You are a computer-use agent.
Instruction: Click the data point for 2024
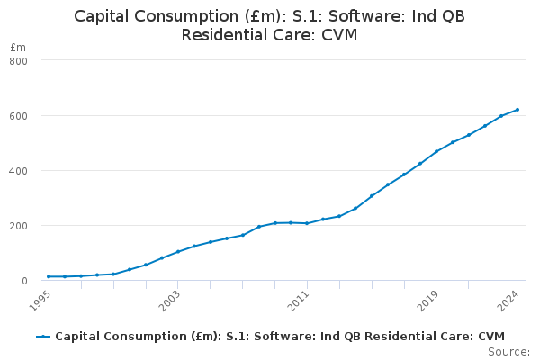(517, 110)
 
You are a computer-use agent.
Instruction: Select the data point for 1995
(49, 276)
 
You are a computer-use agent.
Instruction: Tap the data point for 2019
(436, 151)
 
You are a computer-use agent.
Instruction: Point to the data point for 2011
(307, 223)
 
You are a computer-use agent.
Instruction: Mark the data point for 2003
(178, 251)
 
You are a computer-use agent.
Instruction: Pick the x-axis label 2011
(300, 299)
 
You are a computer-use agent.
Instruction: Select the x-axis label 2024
(510, 299)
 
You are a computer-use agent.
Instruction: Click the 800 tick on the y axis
(19, 60)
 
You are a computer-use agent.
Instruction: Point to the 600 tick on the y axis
(19, 115)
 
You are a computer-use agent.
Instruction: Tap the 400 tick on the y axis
(19, 170)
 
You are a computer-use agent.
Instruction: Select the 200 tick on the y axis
(19, 225)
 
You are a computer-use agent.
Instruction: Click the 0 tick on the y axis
(24, 280)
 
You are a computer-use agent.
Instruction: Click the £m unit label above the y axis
(18, 47)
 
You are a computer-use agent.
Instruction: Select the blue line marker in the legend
(43, 336)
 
